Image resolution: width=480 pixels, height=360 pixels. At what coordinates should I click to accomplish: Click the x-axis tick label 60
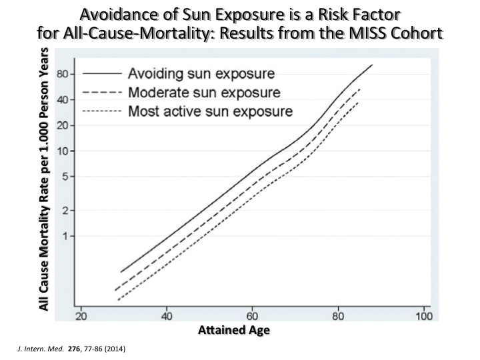pyautogui.click(x=252, y=317)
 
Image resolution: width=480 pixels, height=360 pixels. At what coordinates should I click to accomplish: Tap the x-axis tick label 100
pyautogui.click(x=423, y=317)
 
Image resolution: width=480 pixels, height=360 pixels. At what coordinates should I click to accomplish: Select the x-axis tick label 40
pyautogui.click(x=166, y=317)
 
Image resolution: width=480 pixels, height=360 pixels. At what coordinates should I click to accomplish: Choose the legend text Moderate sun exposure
pyautogui.click(x=204, y=92)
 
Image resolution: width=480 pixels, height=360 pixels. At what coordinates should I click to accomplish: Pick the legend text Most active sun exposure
pyautogui.click(x=210, y=111)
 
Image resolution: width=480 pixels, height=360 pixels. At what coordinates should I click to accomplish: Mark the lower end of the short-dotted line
pyautogui.click(x=118, y=300)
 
